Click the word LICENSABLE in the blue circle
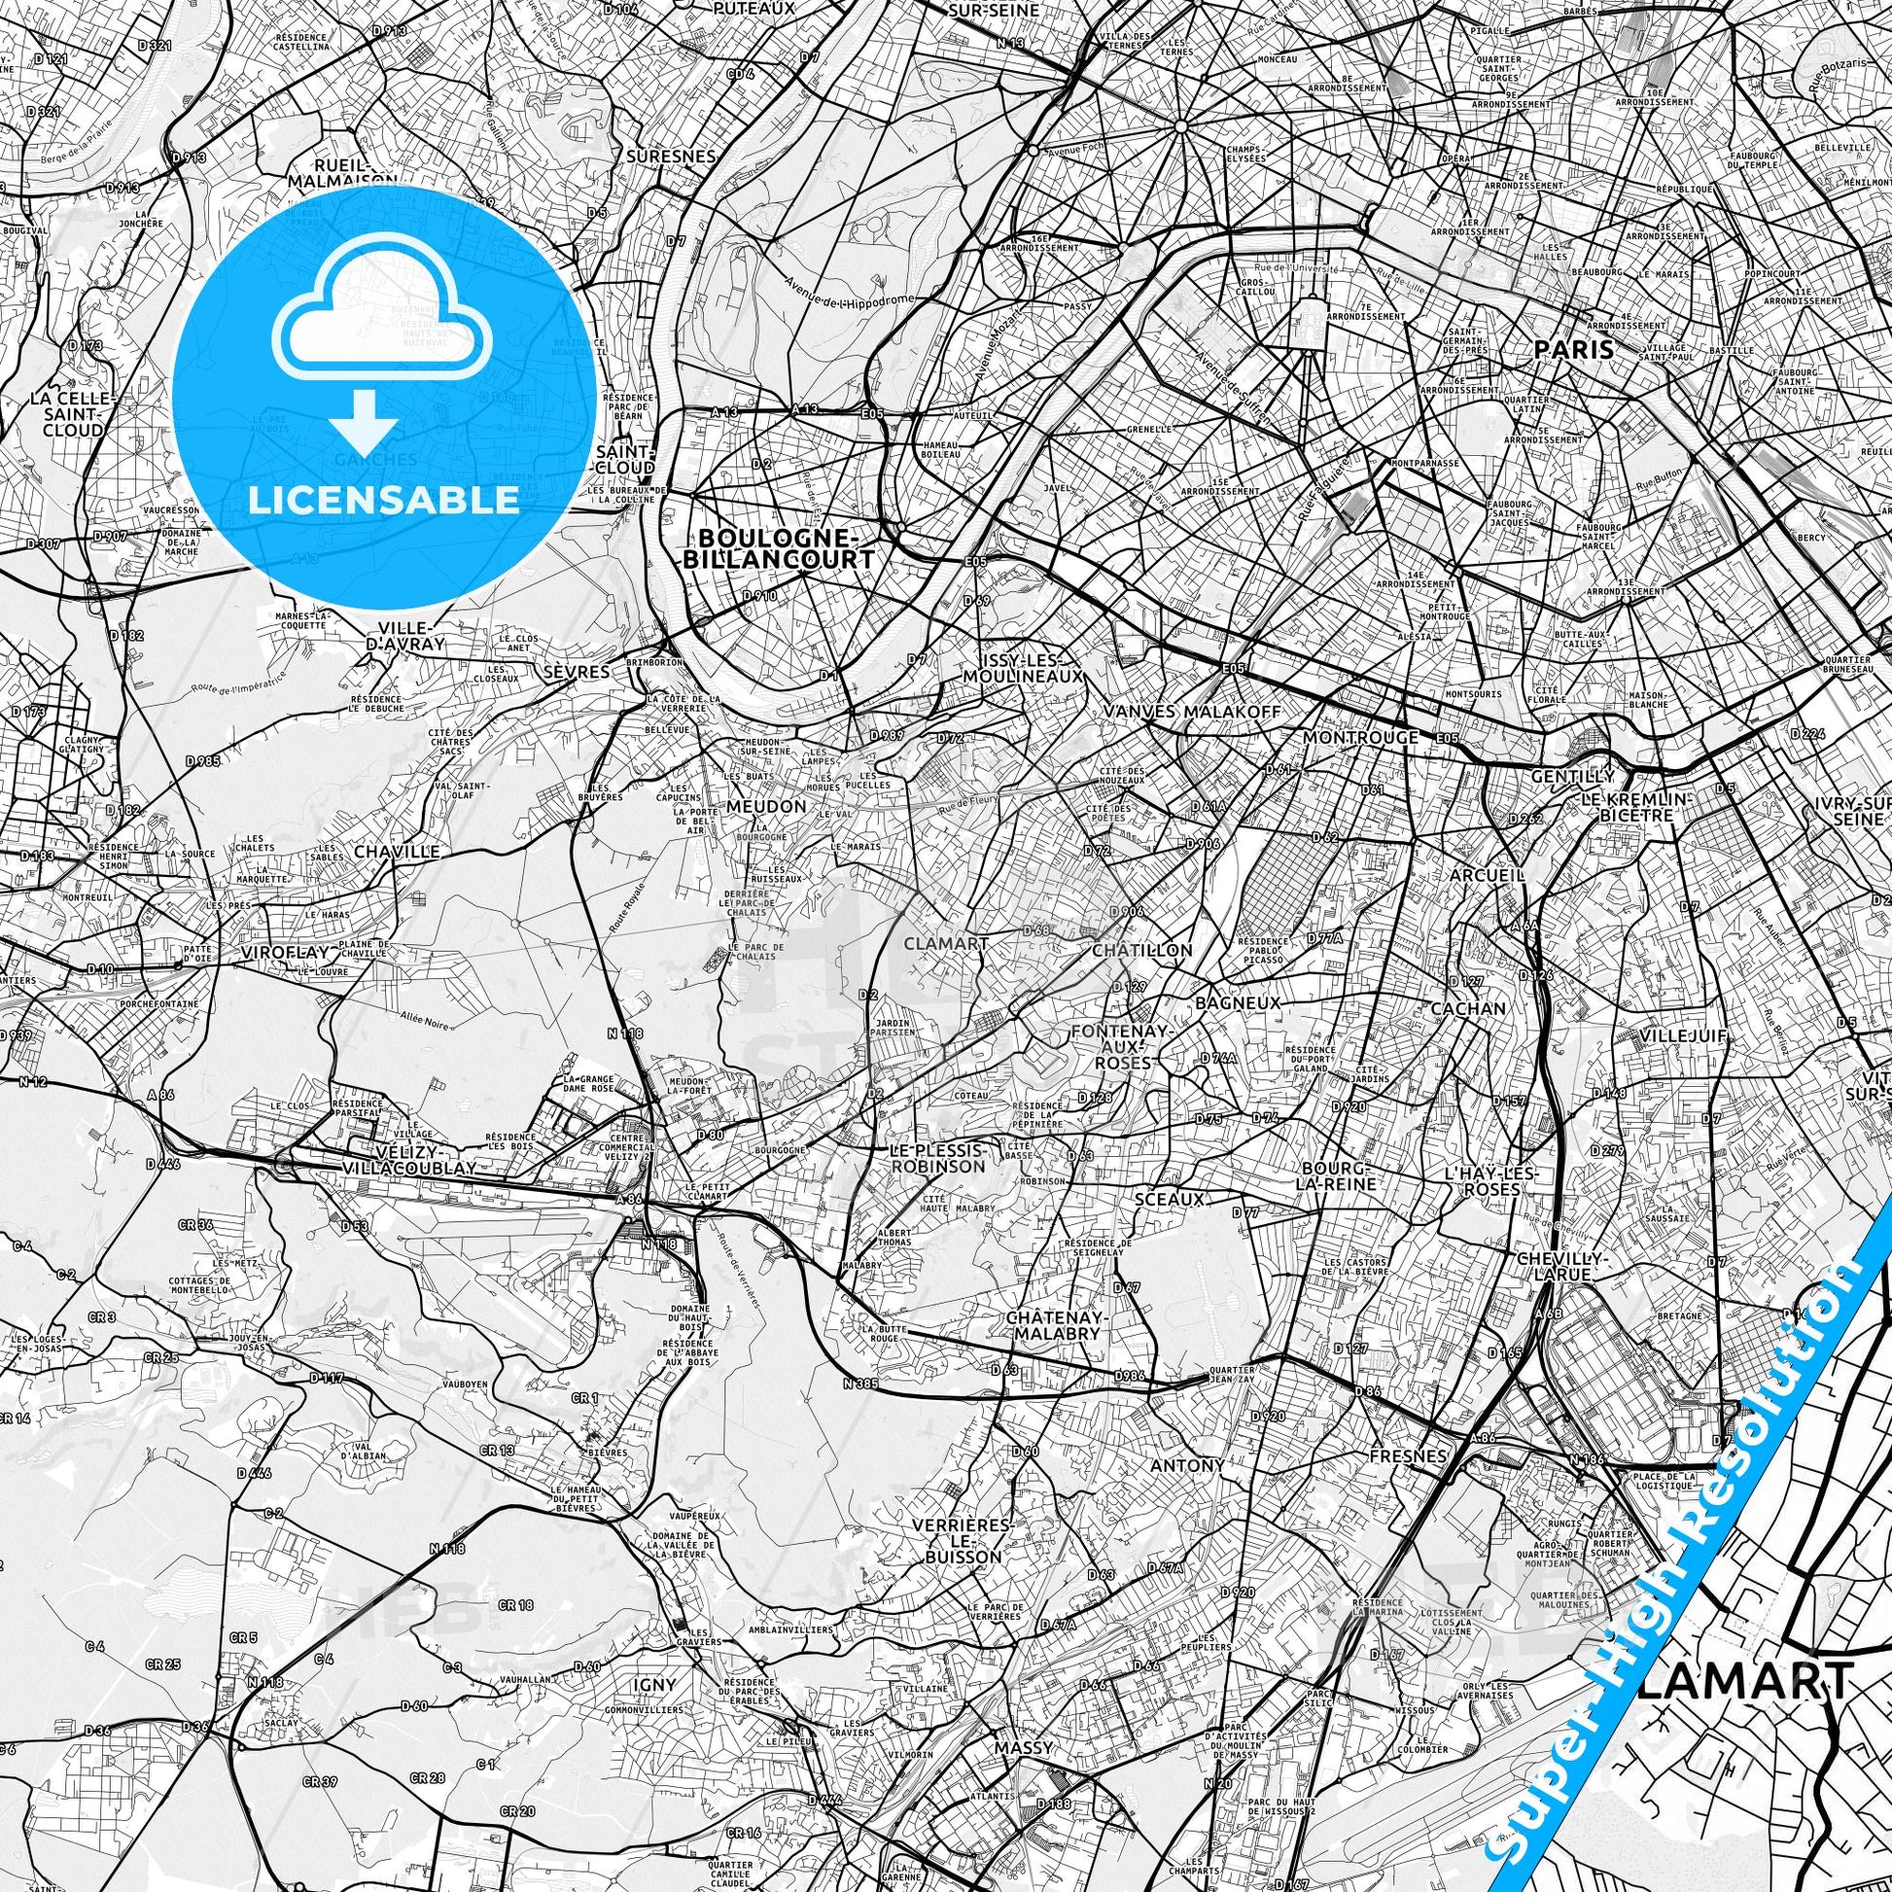pyautogui.click(x=383, y=501)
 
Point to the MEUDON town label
pyautogui.click(x=767, y=806)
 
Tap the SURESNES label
pyautogui.click(x=672, y=156)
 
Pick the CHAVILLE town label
pyautogui.click(x=397, y=852)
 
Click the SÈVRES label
pyautogui.click(x=576, y=672)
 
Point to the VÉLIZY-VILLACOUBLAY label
pyautogui.click(x=410, y=1160)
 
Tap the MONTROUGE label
pyautogui.click(x=1361, y=736)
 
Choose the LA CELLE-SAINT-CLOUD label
pyautogui.click(x=73, y=414)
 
